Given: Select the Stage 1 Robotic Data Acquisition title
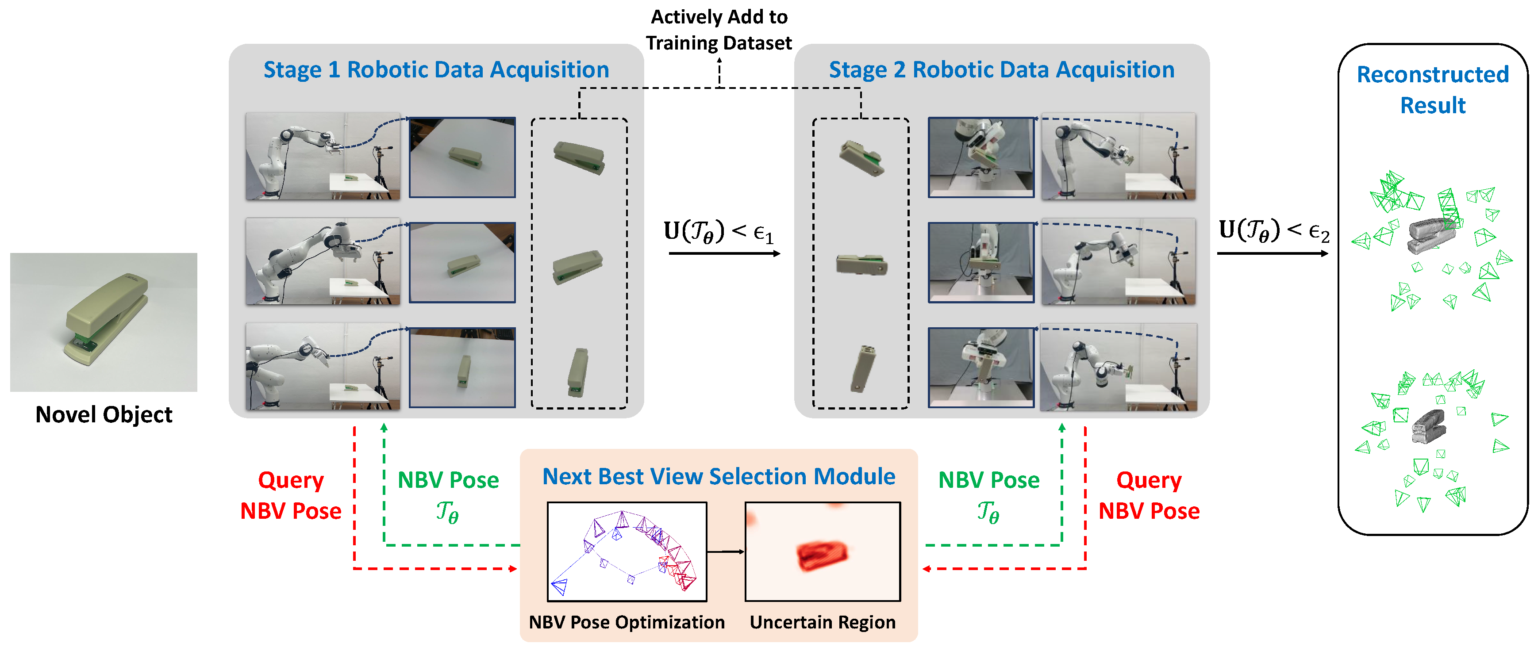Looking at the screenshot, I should click(436, 70).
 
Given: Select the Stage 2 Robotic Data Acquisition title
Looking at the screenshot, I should click(1001, 70).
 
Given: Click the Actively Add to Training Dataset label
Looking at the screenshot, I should click(719, 30).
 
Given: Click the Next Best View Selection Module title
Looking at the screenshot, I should click(718, 476).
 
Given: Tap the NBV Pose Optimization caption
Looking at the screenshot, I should click(626, 622).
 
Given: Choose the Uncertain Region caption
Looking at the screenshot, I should click(822, 622).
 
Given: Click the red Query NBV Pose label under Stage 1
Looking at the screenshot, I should click(291, 495).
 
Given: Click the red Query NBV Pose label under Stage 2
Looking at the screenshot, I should click(1149, 495).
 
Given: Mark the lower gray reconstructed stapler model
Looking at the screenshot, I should click(1429, 425).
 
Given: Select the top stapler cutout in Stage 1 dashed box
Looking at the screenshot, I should click(579, 156).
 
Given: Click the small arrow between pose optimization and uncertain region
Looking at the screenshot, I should click(725, 551).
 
